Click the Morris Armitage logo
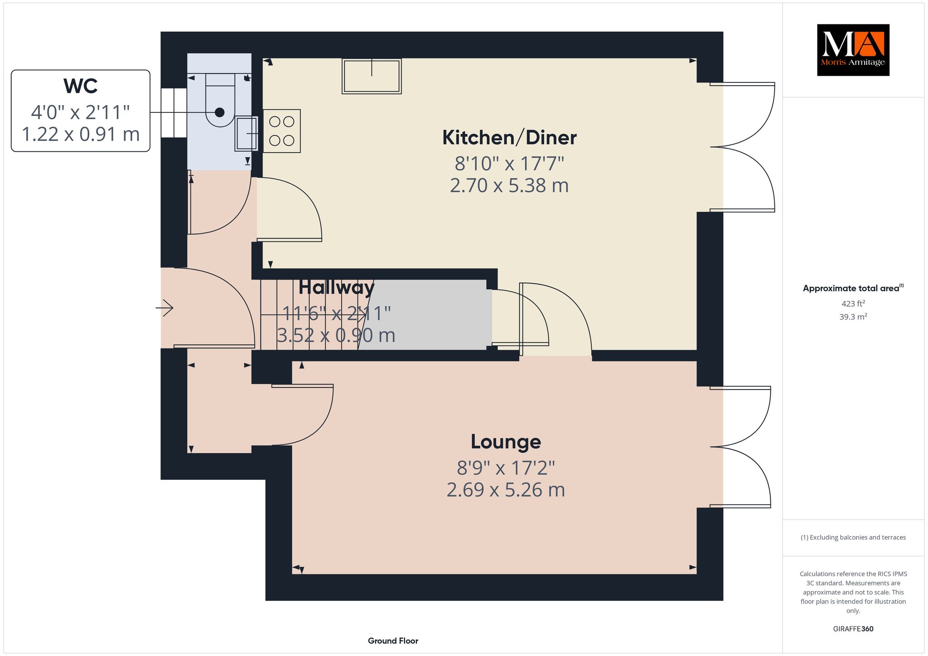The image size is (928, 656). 853,50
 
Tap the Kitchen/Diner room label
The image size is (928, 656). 509,138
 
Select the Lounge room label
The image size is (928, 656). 506,442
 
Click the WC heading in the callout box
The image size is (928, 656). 81,86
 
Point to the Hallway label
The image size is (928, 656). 336,287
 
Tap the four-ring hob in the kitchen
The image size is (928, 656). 281,131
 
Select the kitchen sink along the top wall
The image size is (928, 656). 372,76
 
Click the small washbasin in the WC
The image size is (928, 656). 246,134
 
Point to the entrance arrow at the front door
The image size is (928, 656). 164,309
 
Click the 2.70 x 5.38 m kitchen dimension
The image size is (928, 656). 509,186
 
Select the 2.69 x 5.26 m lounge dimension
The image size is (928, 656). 506,490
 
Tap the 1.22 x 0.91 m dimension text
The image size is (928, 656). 81,134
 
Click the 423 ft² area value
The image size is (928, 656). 853,304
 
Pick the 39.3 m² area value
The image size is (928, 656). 853,317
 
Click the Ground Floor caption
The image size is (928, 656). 393,641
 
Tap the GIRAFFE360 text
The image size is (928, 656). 853,629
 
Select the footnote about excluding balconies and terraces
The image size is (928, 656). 853,537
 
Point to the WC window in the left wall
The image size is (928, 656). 174,113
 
